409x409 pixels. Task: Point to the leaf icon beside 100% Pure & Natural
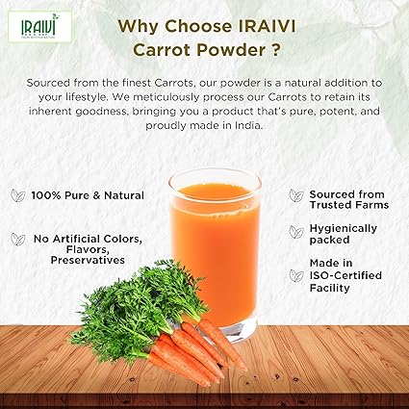[x=16, y=195]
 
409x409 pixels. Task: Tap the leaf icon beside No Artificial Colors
[x=16, y=238]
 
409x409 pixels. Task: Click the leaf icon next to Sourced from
[x=296, y=195]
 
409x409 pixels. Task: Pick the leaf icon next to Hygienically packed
[x=296, y=231]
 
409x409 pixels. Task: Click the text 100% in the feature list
[x=46, y=195]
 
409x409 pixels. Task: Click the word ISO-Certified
[x=345, y=275]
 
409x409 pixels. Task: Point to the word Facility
[x=330, y=287]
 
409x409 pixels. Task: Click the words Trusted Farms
[x=348, y=205]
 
